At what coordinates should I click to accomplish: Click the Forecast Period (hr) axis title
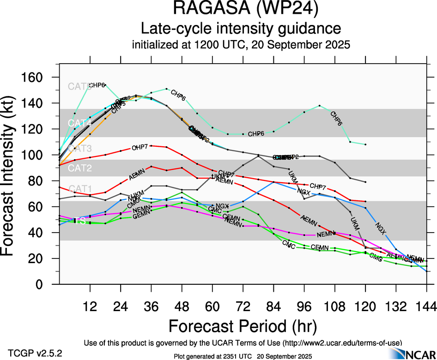coord(243,327)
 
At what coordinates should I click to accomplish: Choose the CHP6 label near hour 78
coord(256,134)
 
